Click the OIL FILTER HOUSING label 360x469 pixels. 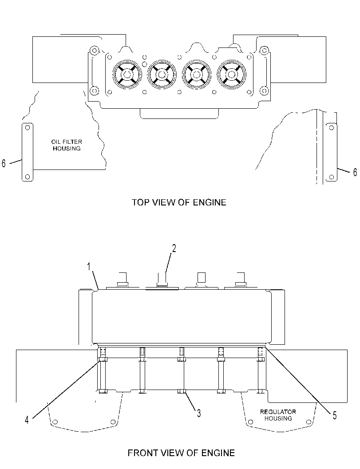(67, 145)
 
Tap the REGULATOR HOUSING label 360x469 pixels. (278, 415)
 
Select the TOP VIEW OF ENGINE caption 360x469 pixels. (179, 202)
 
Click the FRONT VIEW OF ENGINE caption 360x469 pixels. (182, 453)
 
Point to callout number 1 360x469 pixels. (89, 266)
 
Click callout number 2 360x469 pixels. (174, 248)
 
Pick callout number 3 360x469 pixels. (199, 414)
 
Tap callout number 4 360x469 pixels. (27, 420)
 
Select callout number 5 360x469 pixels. (335, 415)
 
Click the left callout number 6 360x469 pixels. (4, 163)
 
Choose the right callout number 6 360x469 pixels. (355, 172)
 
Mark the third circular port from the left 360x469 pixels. (196, 74)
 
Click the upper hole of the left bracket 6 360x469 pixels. (28, 128)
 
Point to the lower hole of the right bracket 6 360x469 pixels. (331, 177)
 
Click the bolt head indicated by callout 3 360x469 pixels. (182, 391)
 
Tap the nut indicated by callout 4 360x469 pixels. (103, 359)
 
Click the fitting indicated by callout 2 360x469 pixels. (162, 280)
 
